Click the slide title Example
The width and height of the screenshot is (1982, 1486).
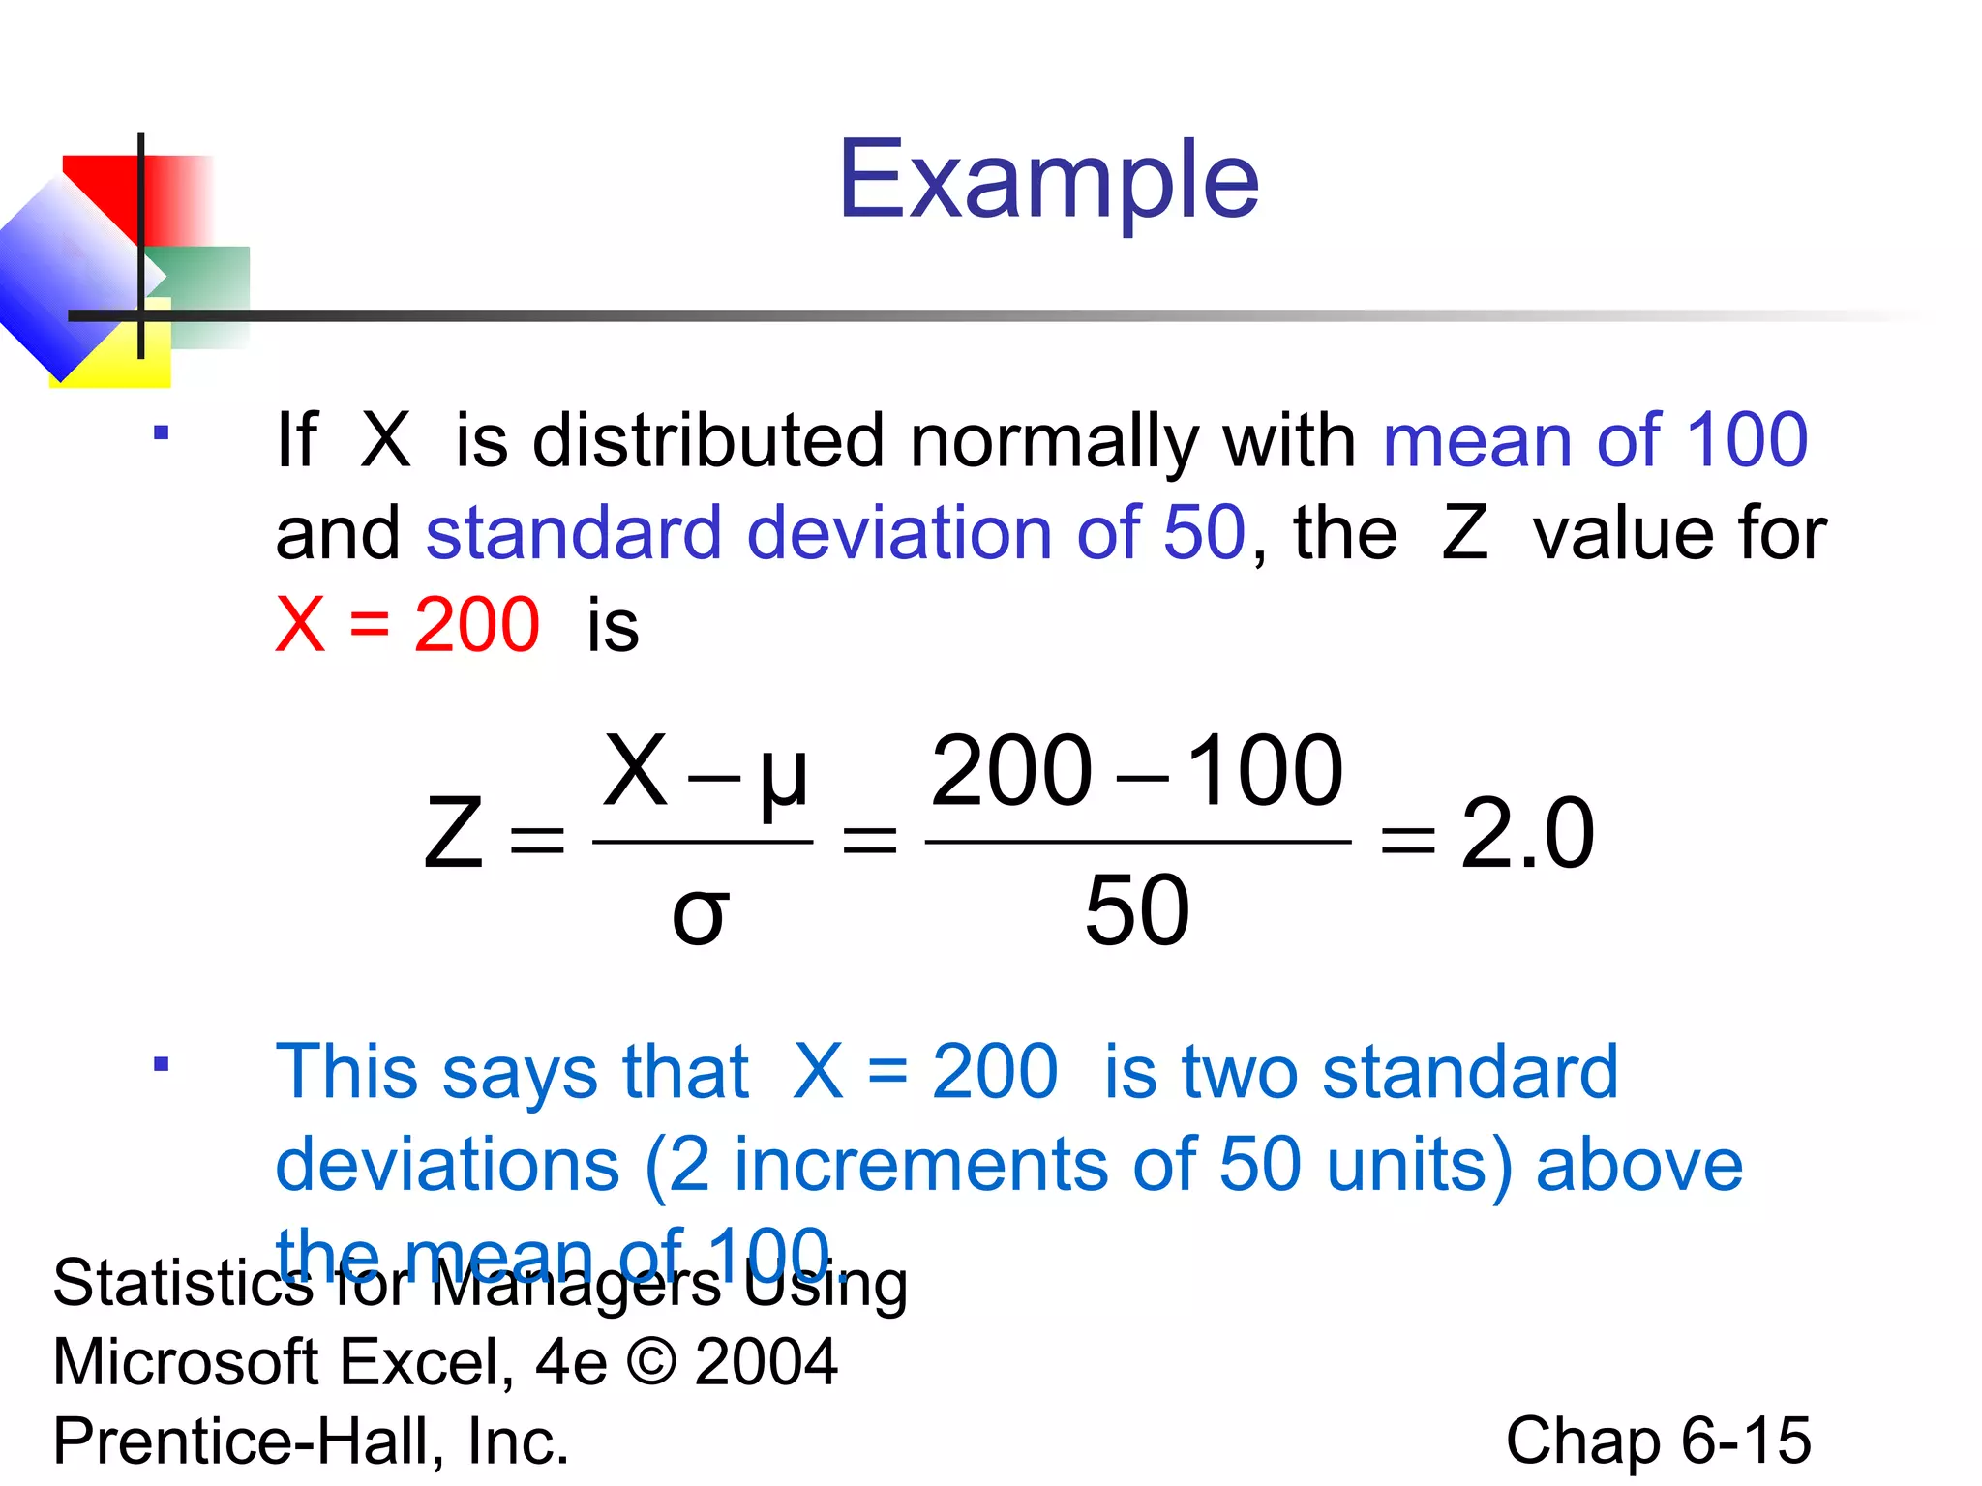coord(1048,180)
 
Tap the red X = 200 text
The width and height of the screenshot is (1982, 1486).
coord(407,625)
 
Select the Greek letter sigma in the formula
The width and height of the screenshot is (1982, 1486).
coord(699,913)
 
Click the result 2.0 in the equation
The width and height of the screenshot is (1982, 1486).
coord(1526,833)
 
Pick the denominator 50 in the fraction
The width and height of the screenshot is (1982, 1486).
coord(1136,910)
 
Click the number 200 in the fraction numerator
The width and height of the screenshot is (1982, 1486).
coord(1011,771)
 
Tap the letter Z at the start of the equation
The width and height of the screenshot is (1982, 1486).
coord(453,833)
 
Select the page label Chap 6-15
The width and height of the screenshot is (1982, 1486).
coord(1658,1440)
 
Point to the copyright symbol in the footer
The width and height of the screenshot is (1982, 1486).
coord(651,1362)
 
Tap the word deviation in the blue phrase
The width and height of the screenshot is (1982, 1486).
coord(899,533)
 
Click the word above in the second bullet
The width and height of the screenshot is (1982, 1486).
coord(1639,1164)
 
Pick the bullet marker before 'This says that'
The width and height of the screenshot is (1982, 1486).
coord(161,1065)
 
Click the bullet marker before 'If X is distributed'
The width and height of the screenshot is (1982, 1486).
coord(161,433)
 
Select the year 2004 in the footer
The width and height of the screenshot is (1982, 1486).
coord(766,1362)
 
